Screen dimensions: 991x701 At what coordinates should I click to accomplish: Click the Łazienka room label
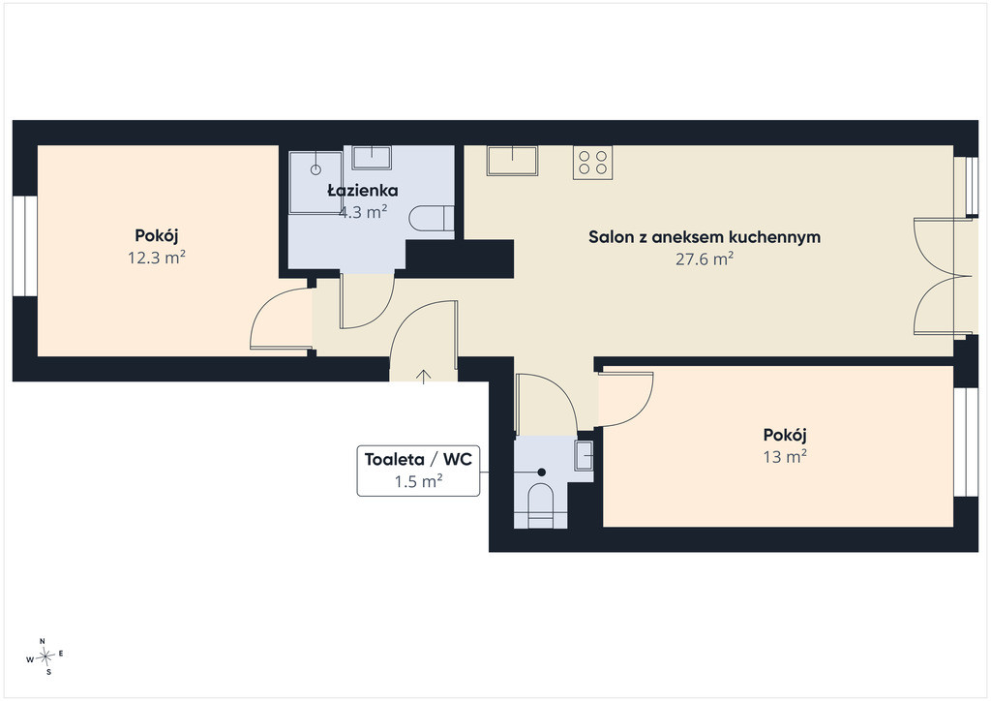[363, 191]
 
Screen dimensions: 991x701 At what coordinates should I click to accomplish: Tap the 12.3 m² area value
[157, 258]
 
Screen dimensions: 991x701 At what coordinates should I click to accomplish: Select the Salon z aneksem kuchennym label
[705, 237]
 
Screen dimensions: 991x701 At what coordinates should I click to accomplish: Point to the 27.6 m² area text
[705, 259]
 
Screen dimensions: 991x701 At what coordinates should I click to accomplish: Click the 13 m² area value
[785, 456]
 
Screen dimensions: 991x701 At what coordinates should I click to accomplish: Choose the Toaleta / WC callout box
[418, 471]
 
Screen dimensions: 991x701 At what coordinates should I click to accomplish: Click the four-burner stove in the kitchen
[593, 163]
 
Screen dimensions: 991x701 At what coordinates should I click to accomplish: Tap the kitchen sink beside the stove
[512, 161]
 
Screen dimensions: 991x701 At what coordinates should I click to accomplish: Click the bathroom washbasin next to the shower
[372, 158]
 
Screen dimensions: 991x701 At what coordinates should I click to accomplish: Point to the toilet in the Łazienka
[432, 219]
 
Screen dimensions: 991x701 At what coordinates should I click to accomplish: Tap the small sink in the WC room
[584, 456]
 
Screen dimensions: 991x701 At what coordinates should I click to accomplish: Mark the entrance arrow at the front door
[424, 377]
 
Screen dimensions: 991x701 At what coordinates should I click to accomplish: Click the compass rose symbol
[45, 656]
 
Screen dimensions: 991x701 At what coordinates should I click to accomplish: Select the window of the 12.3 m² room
[25, 246]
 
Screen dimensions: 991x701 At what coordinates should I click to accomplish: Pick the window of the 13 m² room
[966, 442]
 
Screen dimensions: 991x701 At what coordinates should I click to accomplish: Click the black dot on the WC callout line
[542, 472]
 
